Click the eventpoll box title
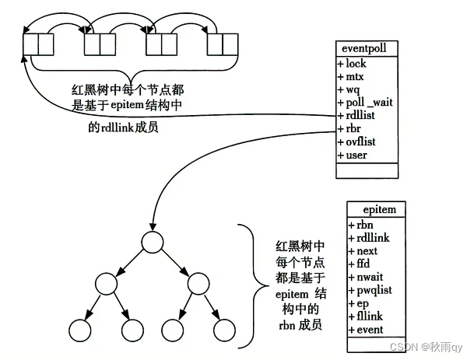coord(366,48)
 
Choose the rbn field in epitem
coord(365,225)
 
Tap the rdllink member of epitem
coord(373,238)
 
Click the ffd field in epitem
coord(365,264)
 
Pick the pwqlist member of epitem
coord(374,291)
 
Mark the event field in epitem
coord(370,330)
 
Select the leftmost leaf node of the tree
coord(81,331)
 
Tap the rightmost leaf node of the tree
coord(224,331)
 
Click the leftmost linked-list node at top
coord(38,44)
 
